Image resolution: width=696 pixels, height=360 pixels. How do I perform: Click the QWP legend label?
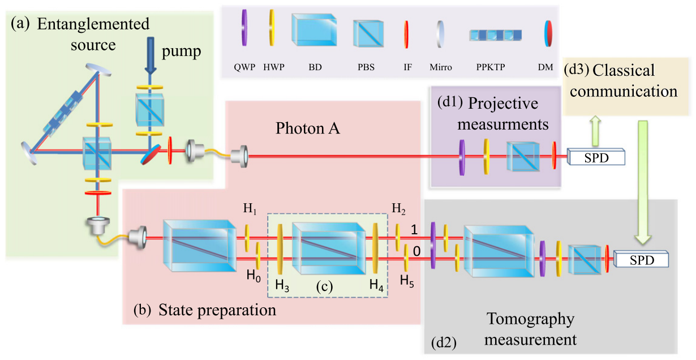click(x=246, y=66)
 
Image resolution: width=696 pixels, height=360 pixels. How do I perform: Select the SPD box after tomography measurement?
click(x=641, y=260)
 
